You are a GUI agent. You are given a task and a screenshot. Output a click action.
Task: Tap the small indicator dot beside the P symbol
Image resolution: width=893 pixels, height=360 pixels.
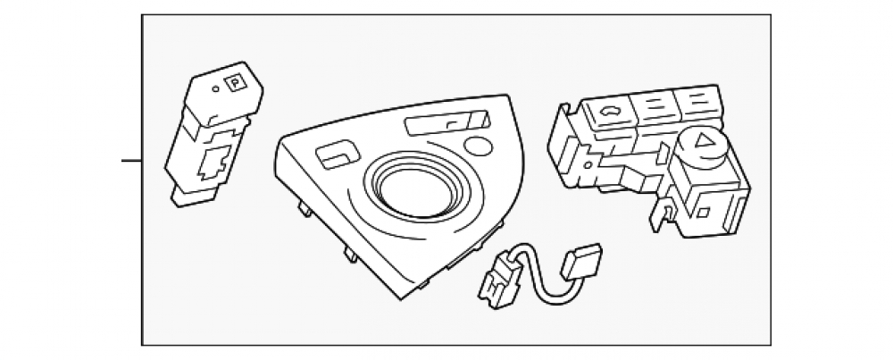215,88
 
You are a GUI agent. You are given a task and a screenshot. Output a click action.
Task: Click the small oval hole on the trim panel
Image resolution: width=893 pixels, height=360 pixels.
478,146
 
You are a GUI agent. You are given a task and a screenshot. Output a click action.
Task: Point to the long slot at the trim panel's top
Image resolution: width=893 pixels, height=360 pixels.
447,122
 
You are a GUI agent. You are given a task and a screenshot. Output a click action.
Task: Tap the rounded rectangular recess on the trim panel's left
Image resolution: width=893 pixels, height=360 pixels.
338,154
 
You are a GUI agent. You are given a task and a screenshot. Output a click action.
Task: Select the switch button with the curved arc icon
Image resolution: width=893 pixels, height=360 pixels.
609,110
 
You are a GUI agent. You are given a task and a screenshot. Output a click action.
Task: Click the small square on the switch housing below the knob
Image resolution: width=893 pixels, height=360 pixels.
704,213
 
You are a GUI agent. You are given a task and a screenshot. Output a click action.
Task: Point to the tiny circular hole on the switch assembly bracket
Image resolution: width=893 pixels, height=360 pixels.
588,165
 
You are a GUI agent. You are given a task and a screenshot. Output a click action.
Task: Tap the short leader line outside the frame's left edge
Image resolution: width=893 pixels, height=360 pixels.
131,161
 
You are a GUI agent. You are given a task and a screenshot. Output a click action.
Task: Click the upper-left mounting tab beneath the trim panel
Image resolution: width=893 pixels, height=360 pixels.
305,209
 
